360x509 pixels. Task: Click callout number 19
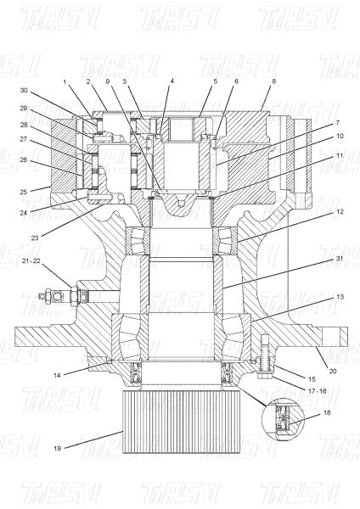click(57, 448)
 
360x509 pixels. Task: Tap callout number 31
click(340, 259)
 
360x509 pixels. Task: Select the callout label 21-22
click(32, 260)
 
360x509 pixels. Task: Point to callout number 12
click(340, 211)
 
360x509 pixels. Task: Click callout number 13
click(340, 296)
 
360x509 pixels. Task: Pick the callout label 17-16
click(316, 391)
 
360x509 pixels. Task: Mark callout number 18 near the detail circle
click(327, 412)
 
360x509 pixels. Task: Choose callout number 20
click(333, 371)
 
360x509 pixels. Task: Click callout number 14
click(57, 375)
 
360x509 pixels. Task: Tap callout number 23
click(35, 238)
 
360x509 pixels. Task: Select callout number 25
click(24, 192)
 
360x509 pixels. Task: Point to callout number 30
click(24, 90)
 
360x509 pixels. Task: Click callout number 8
click(274, 81)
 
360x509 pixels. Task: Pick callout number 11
click(340, 155)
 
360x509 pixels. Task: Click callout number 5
click(216, 81)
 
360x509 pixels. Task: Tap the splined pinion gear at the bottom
click(182, 422)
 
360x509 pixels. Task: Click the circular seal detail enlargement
click(283, 419)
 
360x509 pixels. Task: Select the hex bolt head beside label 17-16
click(264, 377)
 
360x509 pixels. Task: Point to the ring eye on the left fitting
click(59, 296)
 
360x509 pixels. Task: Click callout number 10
click(340, 136)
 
